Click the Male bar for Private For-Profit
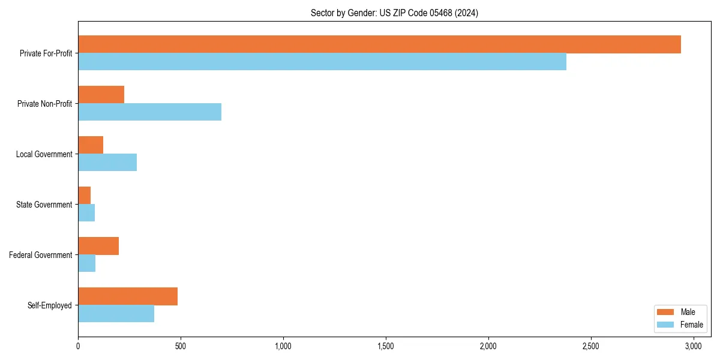click(x=379, y=44)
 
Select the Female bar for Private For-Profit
click(x=322, y=62)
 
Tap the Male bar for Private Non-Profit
click(x=101, y=95)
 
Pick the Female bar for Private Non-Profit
click(x=149, y=112)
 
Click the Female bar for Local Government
click(x=107, y=163)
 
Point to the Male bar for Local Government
click(x=91, y=145)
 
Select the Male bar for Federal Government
click(x=98, y=246)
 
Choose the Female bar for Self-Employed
click(x=116, y=314)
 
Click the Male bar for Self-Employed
click(x=128, y=296)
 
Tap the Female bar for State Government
click(x=86, y=213)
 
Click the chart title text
click(x=394, y=13)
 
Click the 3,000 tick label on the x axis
click(x=694, y=346)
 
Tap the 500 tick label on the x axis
click(x=181, y=346)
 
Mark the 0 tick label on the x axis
click(x=78, y=346)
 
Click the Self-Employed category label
click(x=50, y=305)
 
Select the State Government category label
click(x=44, y=205)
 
